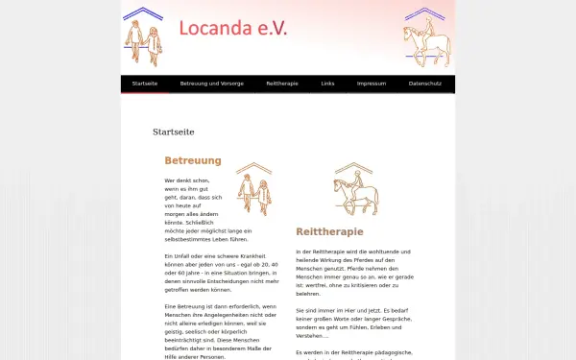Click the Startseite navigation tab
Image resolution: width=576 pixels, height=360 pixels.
pyautogui.click(x=144, y=84)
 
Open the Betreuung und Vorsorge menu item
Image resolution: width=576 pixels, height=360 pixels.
pyautogui.click(x=212, y=84)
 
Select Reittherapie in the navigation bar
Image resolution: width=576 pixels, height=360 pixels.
pyautogui.click(x=282, y=84)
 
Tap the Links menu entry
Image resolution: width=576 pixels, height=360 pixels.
pyautogui.click(x=328, y=84)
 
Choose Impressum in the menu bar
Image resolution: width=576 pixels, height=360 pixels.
pyautogui.click(x=372, y=84)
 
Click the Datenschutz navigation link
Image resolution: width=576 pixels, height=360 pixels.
pyautogui.click(x=425, y=84)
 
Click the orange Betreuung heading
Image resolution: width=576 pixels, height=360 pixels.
pyautogui.click(x=193, y=161)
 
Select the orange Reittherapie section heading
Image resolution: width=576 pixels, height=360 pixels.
pyautogui.click(x=330, y=231)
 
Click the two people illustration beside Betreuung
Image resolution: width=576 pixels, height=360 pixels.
pyautogui.click(x=254, y=192)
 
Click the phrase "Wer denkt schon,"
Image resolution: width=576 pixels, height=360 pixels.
pyautogui.click(x=186, y=180)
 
